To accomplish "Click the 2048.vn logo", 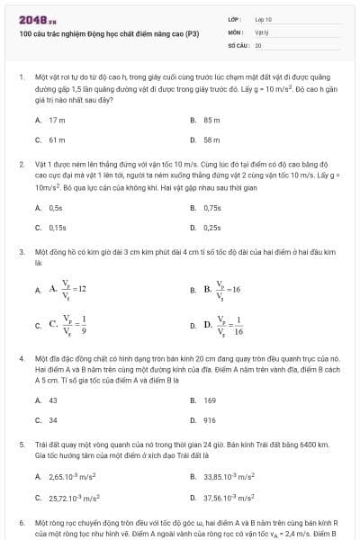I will tap(33, 19).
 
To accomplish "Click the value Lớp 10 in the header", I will tap(264, 19).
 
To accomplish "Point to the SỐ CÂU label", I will tap(238, 44).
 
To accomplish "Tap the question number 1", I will tap(21, 78).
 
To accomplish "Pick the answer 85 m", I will tap(212, 120).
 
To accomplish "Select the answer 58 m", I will tap(212, 140).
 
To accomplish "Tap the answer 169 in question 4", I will tap(210, 400).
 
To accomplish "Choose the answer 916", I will tap(210, 420).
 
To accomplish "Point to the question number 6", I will tap(21, 522).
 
